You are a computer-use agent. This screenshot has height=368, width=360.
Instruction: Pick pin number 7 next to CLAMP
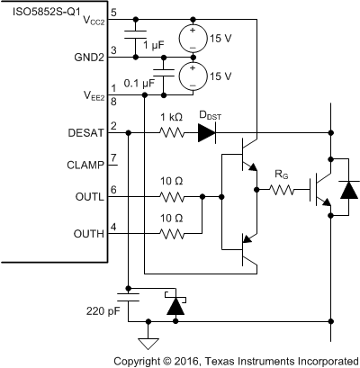(114, 159)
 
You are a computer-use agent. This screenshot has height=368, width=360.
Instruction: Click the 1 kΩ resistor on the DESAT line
(173, 133)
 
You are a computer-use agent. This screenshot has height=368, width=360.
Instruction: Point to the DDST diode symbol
(207, 133)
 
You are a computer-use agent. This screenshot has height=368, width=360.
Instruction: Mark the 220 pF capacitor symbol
(128, 298)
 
